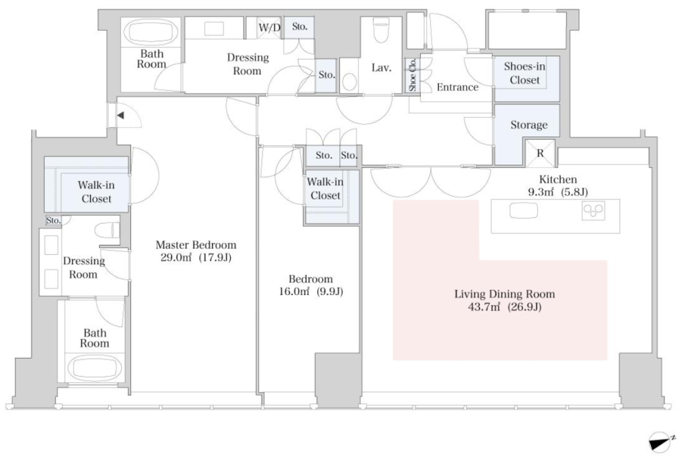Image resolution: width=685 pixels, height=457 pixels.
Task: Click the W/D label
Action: [x=269, y=27]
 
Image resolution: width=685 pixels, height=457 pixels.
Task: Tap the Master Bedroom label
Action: [x=196, y=245]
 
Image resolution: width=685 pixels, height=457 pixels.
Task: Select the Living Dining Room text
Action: [x=504, y=294]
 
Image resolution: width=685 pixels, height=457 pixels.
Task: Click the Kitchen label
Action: [x=558, y=179]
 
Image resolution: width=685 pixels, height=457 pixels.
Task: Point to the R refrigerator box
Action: [x=540, y=153]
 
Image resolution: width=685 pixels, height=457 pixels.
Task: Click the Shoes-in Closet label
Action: [x=524, y=74]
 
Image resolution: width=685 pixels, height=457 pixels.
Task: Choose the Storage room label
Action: [x=528, y=125]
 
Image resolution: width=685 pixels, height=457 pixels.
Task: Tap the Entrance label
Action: [x=458, y=88]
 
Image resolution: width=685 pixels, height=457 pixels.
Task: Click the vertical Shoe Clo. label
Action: [x=412, y=75]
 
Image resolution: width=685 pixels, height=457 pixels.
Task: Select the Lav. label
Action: [x=381, y=68]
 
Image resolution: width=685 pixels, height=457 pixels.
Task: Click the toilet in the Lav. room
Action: [x=381, y=30]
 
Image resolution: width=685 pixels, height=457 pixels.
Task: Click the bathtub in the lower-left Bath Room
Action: [x=95, y=367]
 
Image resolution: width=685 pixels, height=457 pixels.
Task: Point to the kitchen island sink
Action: [x=523, y=211]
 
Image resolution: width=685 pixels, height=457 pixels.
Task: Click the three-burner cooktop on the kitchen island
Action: [x=593, y=211]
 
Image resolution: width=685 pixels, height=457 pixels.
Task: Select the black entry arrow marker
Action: [x=120, y=116]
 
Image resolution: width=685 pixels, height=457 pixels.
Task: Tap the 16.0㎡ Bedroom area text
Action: [x=311, y=292]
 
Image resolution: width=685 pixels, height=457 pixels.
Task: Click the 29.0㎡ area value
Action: [x=176, y=258]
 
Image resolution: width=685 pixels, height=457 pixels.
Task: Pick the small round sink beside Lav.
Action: [x=349, y=82]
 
